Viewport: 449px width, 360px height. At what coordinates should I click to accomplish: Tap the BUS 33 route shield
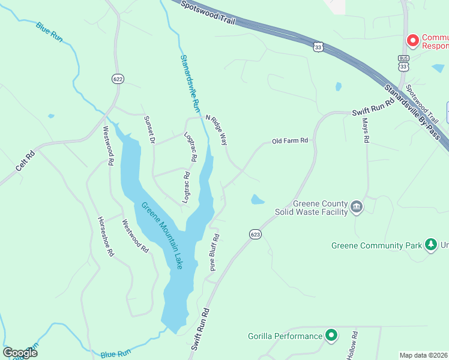click(403, 62)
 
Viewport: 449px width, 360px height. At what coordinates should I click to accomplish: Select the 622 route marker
click(117, 79)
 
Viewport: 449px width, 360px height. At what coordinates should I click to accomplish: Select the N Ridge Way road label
click(217, 130)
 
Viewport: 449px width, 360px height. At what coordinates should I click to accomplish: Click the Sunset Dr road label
click(149, 130)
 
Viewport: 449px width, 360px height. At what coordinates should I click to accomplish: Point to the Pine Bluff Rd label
click(214, 253)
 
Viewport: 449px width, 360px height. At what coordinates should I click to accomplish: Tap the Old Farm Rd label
click(290, 141)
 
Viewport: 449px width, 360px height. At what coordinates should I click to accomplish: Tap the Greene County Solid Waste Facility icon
click(357, 207)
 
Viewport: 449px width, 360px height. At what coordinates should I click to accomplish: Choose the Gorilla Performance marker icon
click(331, 335)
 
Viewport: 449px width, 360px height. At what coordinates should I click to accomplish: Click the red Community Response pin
click(412, 40)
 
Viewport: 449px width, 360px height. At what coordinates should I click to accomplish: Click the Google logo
click(20, 353)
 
